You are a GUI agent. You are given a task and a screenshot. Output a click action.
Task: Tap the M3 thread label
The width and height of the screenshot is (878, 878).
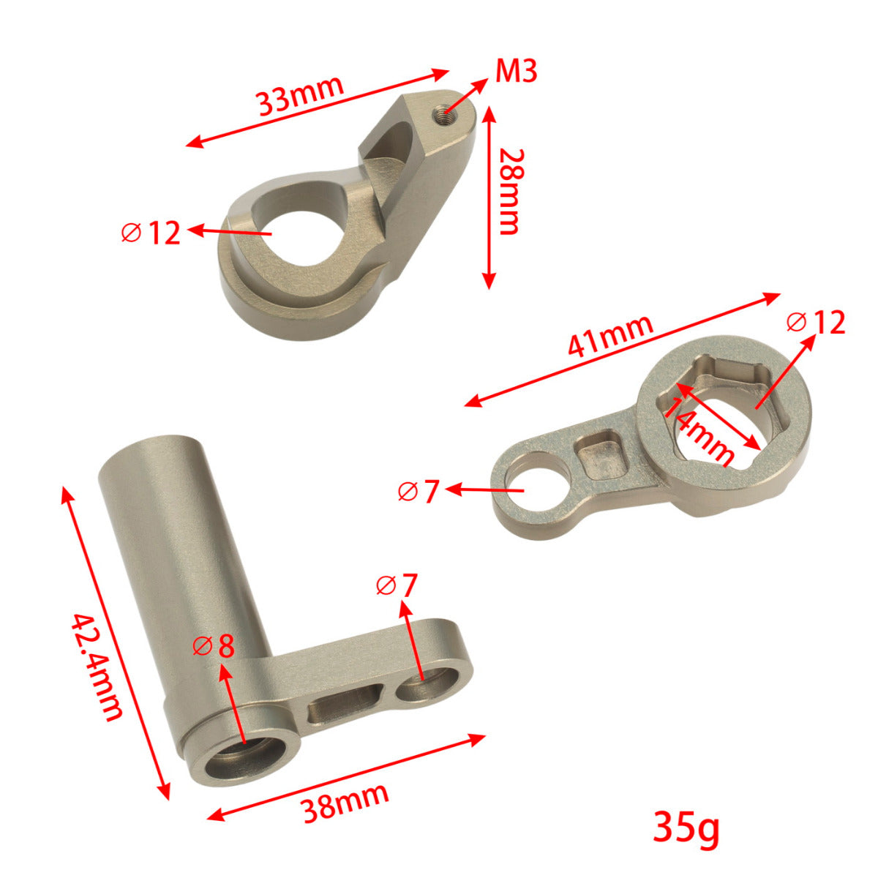(x=516, y=72)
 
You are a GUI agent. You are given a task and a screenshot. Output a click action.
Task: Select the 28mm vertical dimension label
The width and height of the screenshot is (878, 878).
(x=509, y=192)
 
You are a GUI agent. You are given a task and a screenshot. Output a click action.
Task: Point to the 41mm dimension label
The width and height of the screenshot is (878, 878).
(x=609, y=336)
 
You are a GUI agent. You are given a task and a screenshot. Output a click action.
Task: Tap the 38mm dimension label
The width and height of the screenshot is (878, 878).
(x=345, y=801)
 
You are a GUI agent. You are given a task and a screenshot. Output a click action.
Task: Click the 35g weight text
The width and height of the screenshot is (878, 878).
(x=686, y=828)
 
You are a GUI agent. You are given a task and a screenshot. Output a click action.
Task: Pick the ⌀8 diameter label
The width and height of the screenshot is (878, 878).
(x=214, y=646)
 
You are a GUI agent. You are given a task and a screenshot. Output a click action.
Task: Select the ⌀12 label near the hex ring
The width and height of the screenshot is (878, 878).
(x=816, y=322)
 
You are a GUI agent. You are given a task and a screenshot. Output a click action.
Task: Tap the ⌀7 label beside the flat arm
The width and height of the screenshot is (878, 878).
(x=419, y=492)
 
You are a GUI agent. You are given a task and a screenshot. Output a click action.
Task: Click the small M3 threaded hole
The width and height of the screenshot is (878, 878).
(x=440, y=114)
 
